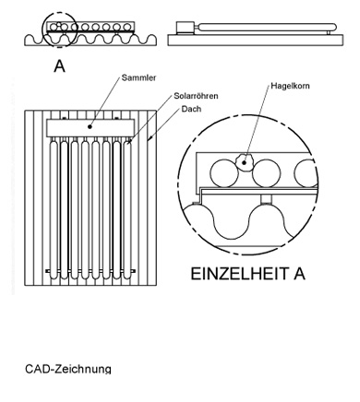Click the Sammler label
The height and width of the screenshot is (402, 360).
[x=138, y=77]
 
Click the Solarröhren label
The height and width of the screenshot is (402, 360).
[x=196, y=96]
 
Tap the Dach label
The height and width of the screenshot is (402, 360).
[x=191, y=109]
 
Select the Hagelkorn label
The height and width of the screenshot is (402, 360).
[x=290, y=86]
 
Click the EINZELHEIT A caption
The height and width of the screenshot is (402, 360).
[x=248, y=274]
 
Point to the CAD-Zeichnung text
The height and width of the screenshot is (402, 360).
[x=68, y=369]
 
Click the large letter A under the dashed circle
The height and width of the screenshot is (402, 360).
[x=59, y=66]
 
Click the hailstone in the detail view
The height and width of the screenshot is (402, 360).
[x=244, y=161]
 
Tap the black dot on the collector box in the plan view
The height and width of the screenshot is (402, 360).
[x=90, y=126]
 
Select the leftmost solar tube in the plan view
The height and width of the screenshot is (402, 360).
[x=54, y=209]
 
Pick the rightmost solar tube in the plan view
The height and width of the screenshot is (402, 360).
[x=127, y=209]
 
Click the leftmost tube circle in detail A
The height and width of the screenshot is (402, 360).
[x=224, y=172]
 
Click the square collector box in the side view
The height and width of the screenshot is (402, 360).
[x=186, y=27]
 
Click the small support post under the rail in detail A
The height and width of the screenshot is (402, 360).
[x=266, y=199]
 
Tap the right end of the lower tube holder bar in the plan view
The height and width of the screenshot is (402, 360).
[x=135, y=271]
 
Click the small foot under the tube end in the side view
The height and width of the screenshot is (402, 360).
[x=329, y=33]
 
